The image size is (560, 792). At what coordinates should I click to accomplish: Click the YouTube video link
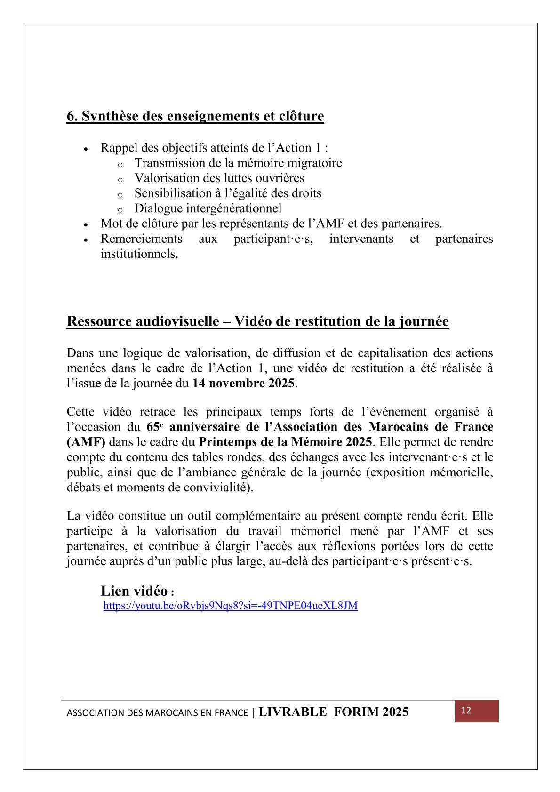(230, 606)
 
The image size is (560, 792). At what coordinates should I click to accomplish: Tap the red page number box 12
(476, 711)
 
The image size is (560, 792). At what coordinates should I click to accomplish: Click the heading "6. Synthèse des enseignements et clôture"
(195, 116)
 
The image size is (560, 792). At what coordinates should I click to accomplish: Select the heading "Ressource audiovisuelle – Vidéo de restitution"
(257, 321)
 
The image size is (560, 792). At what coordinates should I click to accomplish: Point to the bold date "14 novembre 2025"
(243, 384)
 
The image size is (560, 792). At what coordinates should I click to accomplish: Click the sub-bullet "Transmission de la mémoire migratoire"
(238, 163)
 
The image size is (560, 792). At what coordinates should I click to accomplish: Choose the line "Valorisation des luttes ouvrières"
(219, 178)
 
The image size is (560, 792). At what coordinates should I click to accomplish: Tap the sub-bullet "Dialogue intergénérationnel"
(208, 208)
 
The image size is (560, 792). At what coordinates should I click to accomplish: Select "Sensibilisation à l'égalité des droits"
(228, 193)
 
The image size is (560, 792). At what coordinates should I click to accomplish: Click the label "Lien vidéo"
(134, 591)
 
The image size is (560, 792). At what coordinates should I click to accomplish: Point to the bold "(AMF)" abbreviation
(86, 442)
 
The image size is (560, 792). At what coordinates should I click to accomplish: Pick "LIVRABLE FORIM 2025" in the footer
(333, 712)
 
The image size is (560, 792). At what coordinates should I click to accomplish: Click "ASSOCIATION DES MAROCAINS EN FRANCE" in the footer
(157, 713)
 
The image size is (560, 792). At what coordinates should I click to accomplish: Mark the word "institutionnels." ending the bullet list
(139, 254)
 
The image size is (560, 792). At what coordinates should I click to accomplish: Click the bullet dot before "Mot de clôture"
(86, 224)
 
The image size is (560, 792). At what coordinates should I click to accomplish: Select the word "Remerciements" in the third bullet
(141, 239)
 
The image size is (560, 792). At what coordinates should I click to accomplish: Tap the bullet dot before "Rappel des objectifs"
(86, 149)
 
